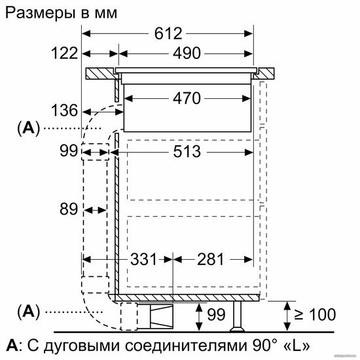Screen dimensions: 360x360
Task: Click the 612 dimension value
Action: coord(168,33)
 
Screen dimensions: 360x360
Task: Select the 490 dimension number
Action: coord(187,53)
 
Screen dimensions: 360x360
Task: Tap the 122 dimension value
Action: coord(65,53)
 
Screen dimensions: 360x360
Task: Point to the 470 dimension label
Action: coord(187,98)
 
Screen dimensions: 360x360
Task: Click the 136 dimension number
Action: coord(65,110)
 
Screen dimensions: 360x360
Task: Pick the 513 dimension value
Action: coord(187,152)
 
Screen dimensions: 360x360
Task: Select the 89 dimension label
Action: coord(69,209)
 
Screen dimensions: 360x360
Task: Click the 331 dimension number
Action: coord(143,259)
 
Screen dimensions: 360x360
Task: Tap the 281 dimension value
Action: coord(210,259)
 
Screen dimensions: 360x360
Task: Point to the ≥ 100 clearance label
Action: coord(315,314)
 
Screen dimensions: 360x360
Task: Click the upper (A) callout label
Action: coord(28,128)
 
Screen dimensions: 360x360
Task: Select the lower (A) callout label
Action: coord(28,312)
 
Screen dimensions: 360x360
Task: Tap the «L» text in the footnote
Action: coord(297,346)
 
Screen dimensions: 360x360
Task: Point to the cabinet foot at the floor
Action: coord(238,317)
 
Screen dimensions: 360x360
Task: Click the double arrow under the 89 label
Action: coord(96,210)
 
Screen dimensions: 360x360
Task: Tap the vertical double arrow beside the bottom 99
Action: coord(199,317)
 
